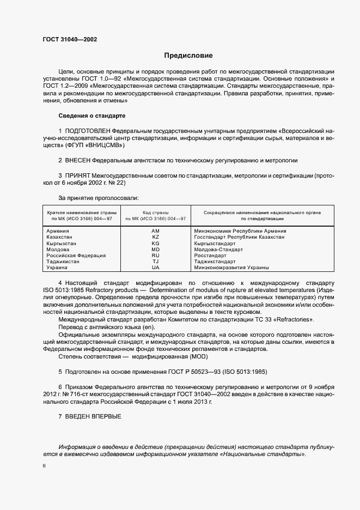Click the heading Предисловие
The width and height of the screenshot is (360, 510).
tap(189, 56)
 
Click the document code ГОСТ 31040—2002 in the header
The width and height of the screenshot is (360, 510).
tap(69, 39)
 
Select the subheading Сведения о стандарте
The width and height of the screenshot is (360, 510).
tap(91, 116)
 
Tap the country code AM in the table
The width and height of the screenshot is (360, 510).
tap(155, 231)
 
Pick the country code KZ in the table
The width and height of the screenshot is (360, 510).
tap(155, 238)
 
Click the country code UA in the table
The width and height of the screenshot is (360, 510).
tap(155, 268)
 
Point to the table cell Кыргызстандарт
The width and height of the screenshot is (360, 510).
tap(215, 244)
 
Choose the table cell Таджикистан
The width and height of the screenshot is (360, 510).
tap(63, 262)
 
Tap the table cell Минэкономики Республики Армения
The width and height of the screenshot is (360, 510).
tap(240, 231)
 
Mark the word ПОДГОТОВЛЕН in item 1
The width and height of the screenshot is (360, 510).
tap(87, 132)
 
